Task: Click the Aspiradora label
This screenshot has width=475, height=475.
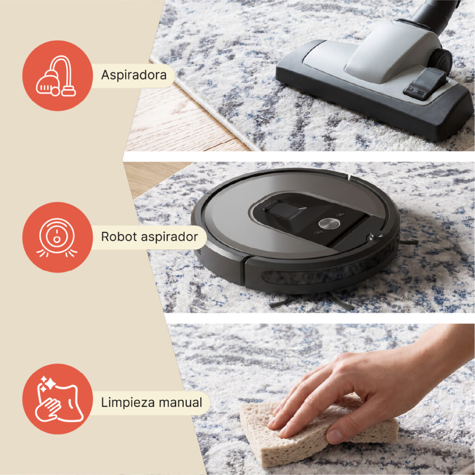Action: point(134,75)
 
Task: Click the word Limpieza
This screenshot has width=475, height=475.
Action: point(128,403)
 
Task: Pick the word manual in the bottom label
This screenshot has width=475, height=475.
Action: point(180,403)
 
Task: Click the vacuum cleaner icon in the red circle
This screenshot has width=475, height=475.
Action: point(57,76)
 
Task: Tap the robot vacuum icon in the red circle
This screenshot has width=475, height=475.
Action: point(57,237)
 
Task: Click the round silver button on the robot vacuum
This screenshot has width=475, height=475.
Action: point(329,223)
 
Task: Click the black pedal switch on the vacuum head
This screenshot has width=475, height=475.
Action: point(425,84)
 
